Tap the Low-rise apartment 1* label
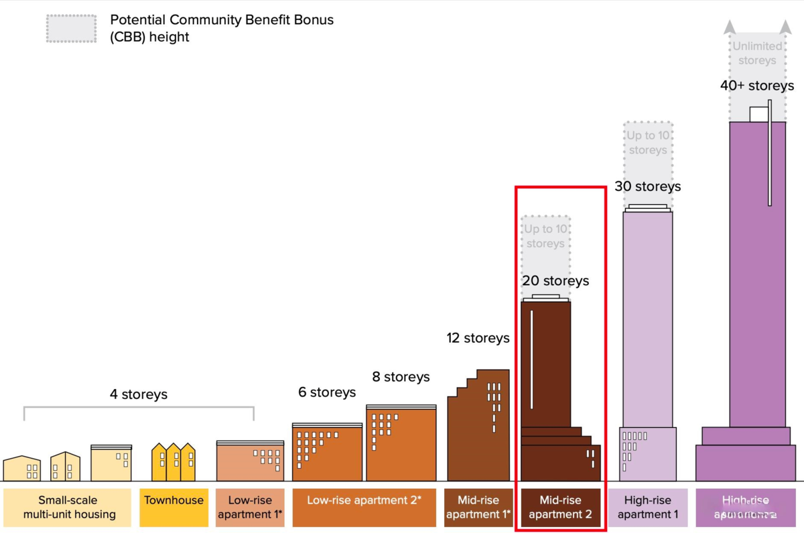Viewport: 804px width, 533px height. [250, 507]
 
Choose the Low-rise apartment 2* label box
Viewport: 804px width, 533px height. [364, 500]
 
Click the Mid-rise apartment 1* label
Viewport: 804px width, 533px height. [478, 507]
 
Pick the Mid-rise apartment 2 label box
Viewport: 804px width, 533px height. [560, 507]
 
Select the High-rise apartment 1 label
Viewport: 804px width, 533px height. [648, 507]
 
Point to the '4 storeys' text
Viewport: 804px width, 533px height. [139, 394]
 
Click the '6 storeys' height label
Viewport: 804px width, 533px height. [327, 392]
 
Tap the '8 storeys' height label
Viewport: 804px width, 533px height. [401, 377]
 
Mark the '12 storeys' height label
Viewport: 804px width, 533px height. [478, 338]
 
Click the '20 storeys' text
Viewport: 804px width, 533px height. [555, 281]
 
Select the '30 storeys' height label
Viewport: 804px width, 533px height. [647, 187]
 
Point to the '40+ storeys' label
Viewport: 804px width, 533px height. [757, 86]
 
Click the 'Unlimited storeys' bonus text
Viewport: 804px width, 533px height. [757, 53]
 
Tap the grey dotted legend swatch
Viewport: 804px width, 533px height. [72, 27]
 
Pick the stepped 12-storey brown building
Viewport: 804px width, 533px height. [478, 429]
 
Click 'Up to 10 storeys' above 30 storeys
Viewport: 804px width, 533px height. [647, 143]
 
